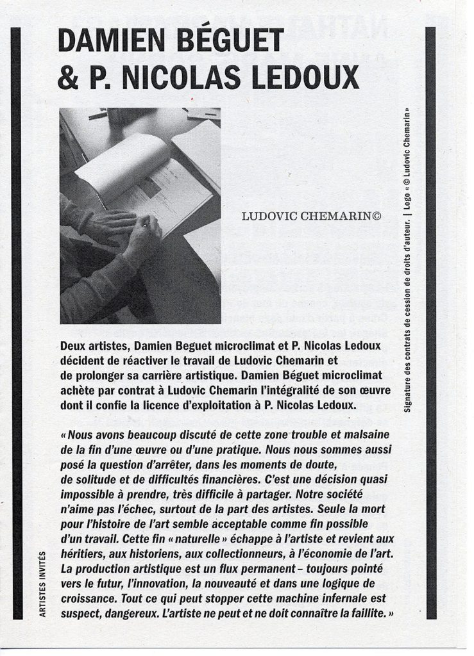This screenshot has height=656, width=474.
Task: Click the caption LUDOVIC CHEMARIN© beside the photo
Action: [x=311, y=217]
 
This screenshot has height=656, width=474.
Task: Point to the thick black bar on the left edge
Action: [x=17, y=320]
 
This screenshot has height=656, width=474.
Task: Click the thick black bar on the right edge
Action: [x=430, y=320]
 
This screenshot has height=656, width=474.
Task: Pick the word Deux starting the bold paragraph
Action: [x=72, y=346]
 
